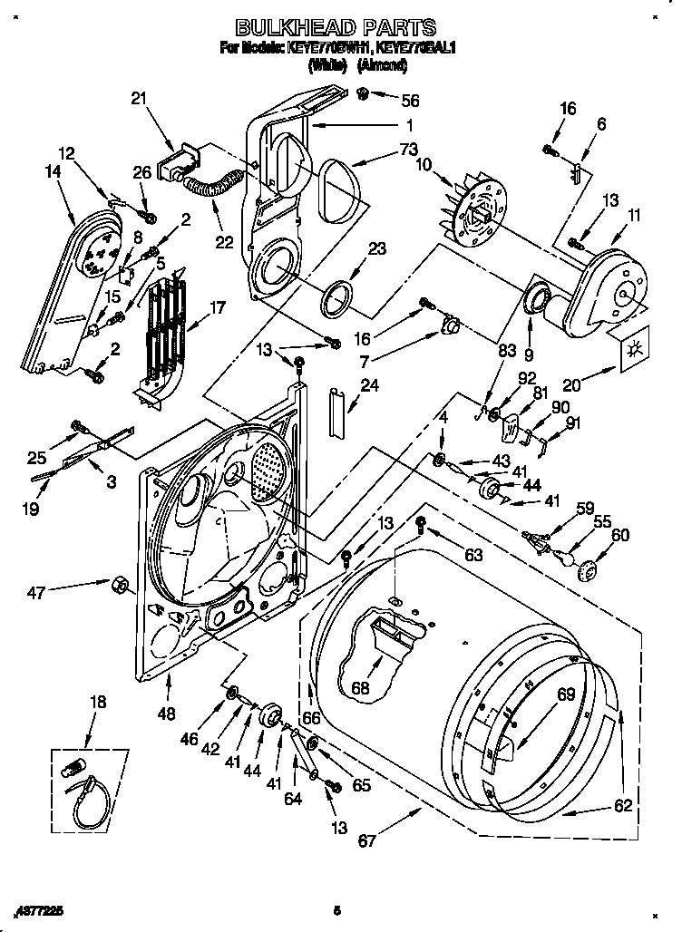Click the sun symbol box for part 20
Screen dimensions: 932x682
pyautogui.click(x=633, y=346)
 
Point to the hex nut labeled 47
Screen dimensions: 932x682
pyautogui.click(x=118, y=582)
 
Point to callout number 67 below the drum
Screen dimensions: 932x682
pyautogui.click(x=366, y=841)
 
